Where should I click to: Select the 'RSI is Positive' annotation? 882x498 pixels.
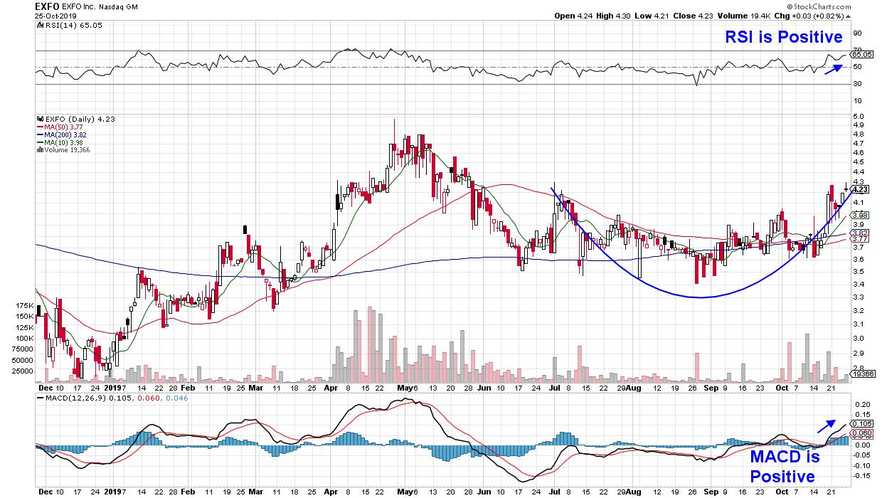point(784,37)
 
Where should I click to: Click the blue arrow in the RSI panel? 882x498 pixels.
point(832,68)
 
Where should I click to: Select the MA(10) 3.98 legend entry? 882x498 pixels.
point(60,142)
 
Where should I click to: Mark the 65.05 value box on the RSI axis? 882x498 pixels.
point(861,54)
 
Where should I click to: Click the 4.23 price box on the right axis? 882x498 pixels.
point(860,189)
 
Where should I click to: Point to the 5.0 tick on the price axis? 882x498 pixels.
point(858,116)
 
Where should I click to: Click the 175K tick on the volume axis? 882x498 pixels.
point(24,304)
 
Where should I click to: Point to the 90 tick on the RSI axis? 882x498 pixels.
point(856,33)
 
